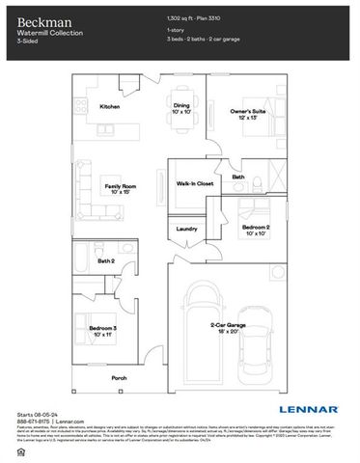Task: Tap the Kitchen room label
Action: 109,106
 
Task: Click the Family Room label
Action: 119,189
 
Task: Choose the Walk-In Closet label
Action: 194,181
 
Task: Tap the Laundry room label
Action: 187,229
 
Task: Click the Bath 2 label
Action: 106,260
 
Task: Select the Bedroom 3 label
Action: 104,331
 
